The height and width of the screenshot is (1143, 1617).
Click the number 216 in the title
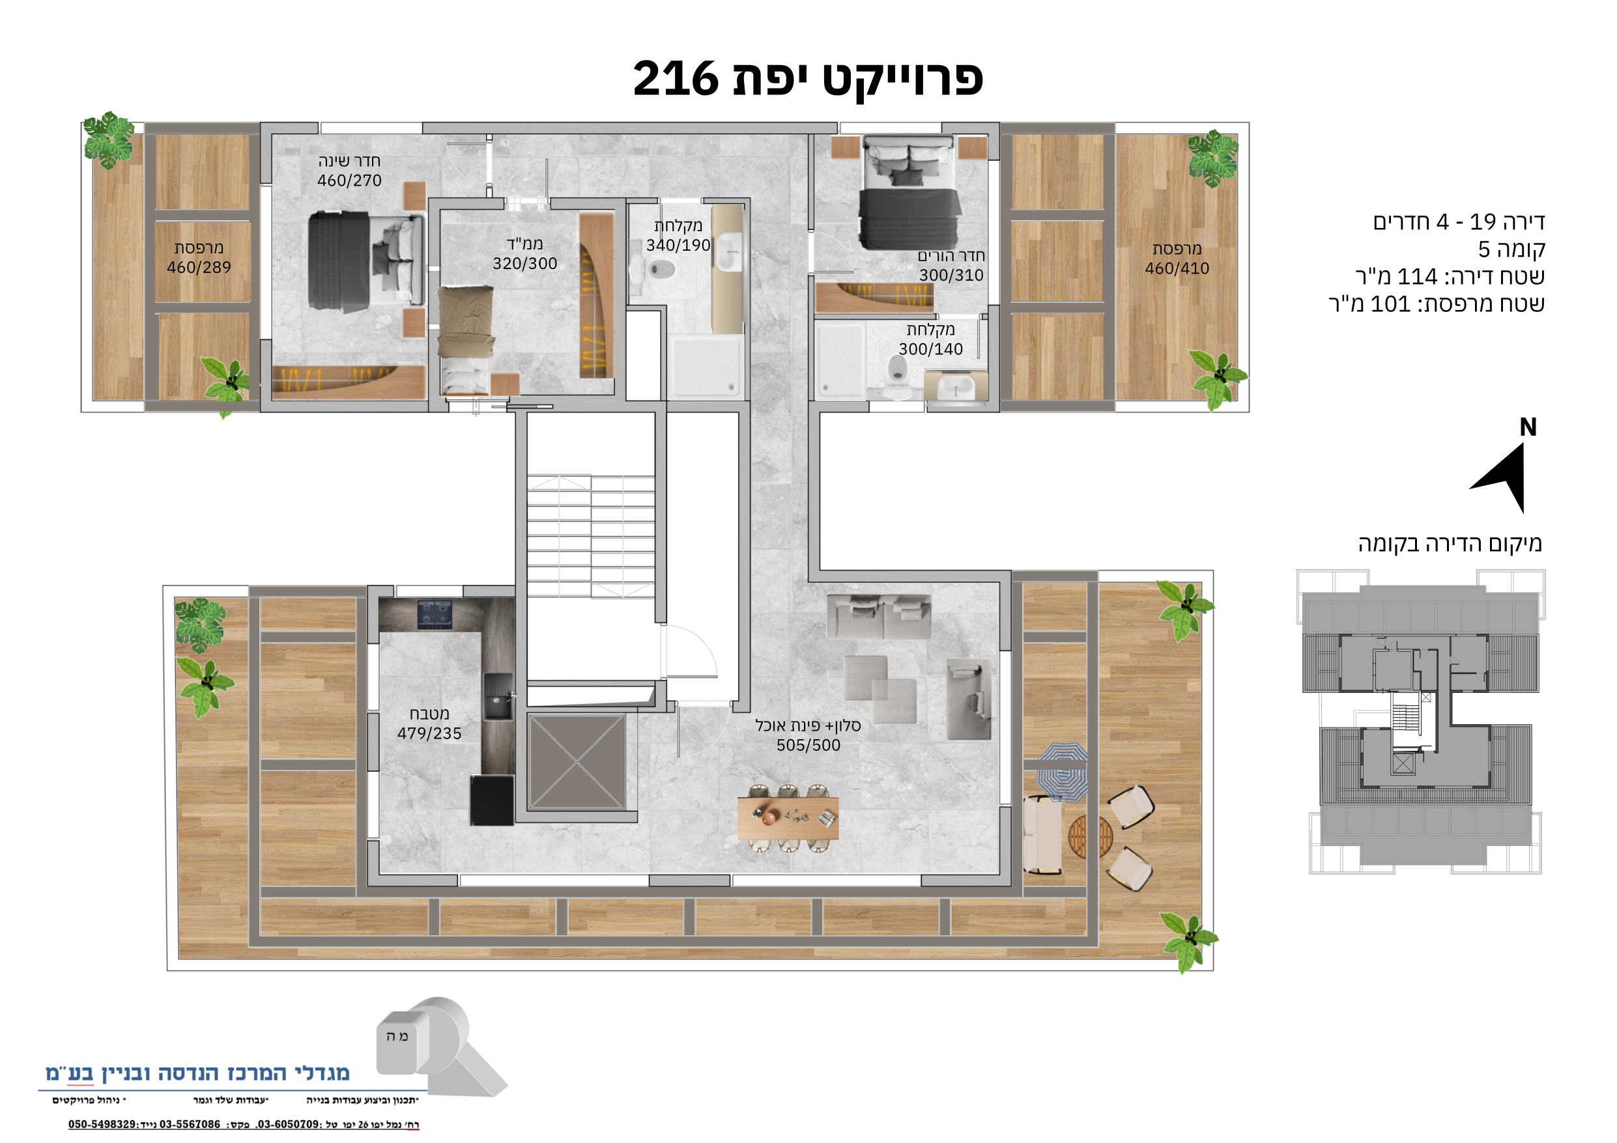676,78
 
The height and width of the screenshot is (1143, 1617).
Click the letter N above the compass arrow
1528,427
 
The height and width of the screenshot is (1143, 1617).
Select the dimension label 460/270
349,181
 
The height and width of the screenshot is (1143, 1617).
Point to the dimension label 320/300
524,263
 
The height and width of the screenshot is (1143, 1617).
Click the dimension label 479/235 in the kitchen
429,734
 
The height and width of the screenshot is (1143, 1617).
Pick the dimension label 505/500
809,745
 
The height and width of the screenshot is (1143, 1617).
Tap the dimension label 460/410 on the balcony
1177,268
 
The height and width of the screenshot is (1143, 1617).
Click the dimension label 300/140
930,348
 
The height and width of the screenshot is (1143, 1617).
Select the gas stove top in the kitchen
435,614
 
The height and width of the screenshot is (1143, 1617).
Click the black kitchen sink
498,696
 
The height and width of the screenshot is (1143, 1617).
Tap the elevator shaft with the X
577,762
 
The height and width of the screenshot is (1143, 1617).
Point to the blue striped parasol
1063,771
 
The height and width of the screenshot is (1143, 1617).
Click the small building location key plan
1420,721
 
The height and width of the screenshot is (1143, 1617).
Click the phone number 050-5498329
102,1125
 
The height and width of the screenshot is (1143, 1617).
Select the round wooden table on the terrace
1090,837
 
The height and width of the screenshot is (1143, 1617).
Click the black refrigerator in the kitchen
492,799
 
